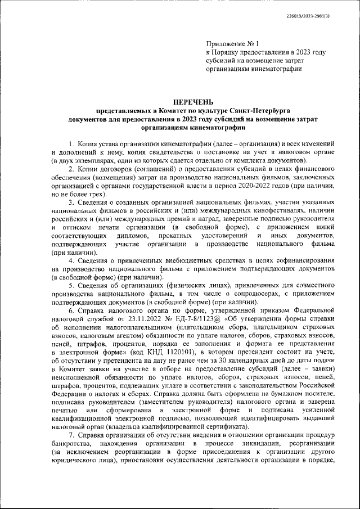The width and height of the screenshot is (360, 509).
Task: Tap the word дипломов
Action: (x=133, y=235)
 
